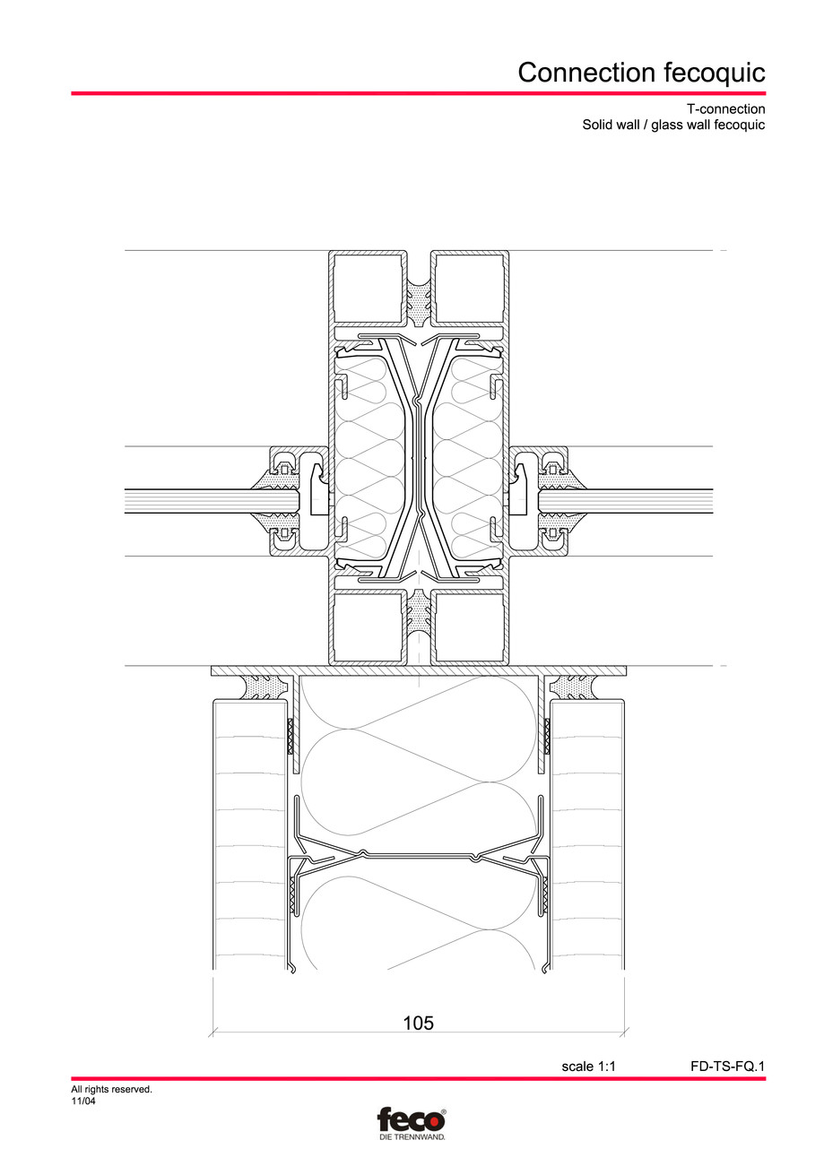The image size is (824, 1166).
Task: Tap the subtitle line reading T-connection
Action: point(728,109)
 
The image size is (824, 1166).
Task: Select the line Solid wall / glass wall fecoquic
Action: point(673,125)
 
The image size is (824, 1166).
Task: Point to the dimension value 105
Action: point(418,1023)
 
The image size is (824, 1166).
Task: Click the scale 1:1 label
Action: point(589,1067)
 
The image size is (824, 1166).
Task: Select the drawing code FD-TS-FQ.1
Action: point(727,1067)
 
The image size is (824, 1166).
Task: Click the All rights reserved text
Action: point(111,1090)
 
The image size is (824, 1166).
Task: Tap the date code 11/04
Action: point(83,1101)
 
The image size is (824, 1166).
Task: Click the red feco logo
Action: point(412,1120)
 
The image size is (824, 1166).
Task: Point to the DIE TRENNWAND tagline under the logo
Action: point(412,1136)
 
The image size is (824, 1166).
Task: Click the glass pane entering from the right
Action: point(637,501)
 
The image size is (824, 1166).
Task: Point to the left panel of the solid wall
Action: point(247,833)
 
